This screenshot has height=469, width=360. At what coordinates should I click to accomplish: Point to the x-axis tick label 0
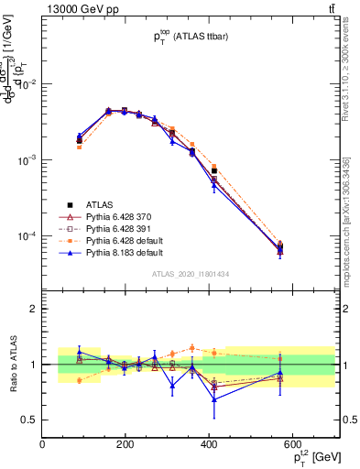click(x=42, y=444)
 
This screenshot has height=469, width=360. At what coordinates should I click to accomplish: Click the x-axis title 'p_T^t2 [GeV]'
click(x=309, y=457)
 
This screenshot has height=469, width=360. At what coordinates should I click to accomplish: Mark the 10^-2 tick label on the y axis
click(x=27, y=84)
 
